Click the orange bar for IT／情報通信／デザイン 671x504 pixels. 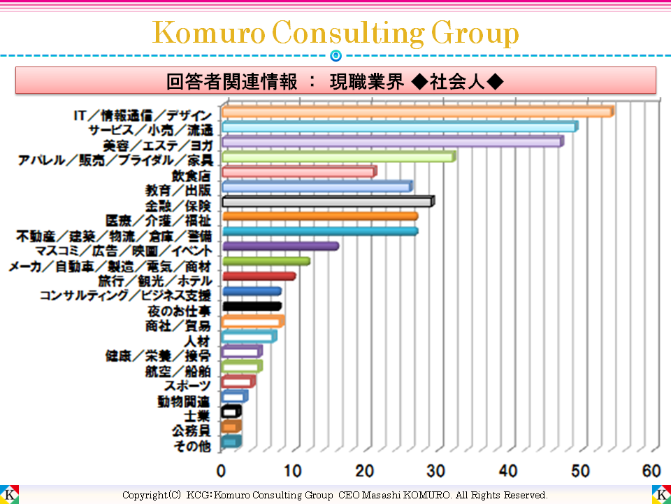point(417,112)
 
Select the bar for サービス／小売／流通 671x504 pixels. point(399,127)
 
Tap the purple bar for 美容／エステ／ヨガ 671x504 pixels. point(391,142)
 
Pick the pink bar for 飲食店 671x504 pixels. point(298,171)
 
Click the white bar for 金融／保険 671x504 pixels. point(327,202)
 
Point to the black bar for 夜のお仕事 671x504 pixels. point(251,307)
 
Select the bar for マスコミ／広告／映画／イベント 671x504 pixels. point(280,246)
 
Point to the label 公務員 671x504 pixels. point(191,430)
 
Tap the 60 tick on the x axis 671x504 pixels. point(651,469)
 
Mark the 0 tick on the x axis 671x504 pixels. point(222,469)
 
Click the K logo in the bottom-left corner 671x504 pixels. point(10,494)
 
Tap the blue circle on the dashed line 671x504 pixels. point(335,55)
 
